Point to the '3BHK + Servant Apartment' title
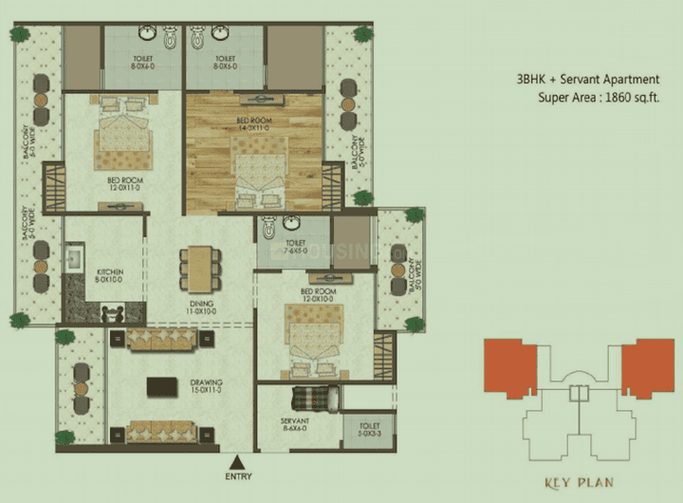pos(588,81)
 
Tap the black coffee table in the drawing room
pos(164,387)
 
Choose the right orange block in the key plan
pos(646,365)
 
